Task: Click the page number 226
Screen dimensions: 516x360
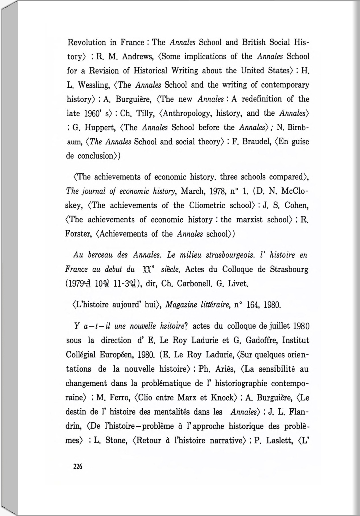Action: click(77, 467)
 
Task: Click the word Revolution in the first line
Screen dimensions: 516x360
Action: click(87, 43)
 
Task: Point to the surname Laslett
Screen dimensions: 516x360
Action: click(279, 441)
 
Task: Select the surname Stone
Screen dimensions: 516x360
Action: click(116, 441)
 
